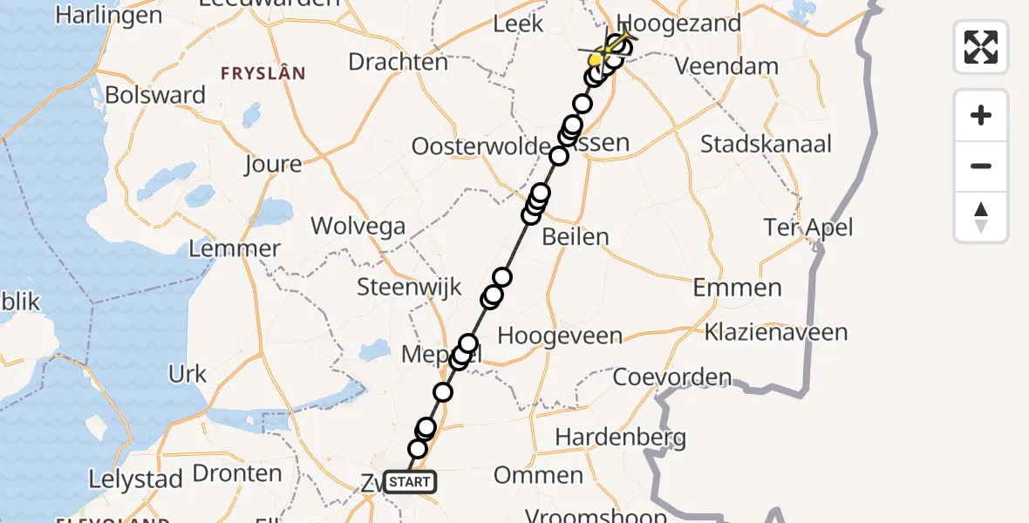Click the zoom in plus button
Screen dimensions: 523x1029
tap(981, 115)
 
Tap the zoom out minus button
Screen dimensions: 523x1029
tap(981, 166)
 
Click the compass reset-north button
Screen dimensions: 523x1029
tap(981, 217)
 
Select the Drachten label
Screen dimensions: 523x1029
tap(398, 62)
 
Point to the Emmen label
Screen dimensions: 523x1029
tap(738, 288)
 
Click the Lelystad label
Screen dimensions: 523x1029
tap(136, 479)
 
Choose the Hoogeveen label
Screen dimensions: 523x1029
tap(560, 336)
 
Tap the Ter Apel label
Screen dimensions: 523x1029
tap(808, 228)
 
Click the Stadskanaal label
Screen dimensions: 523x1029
tap(766, 144)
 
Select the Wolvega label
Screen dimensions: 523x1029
tap(358, 227)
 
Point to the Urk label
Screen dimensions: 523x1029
tap(187, 374)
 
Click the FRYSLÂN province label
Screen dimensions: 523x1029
tap(263, 74)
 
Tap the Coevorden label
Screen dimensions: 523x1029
tap(672, 377)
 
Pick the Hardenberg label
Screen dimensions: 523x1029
tap(620, 436)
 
